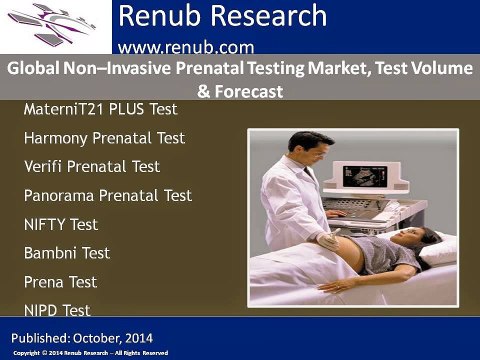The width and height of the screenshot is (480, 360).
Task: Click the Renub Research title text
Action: pos(222,17)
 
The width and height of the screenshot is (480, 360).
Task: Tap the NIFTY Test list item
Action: pos(60,224)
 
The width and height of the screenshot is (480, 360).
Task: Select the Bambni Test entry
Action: pos(66,253)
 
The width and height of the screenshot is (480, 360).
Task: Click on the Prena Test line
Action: pos(60,282)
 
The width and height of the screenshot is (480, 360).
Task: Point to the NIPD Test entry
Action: pos(57,311)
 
